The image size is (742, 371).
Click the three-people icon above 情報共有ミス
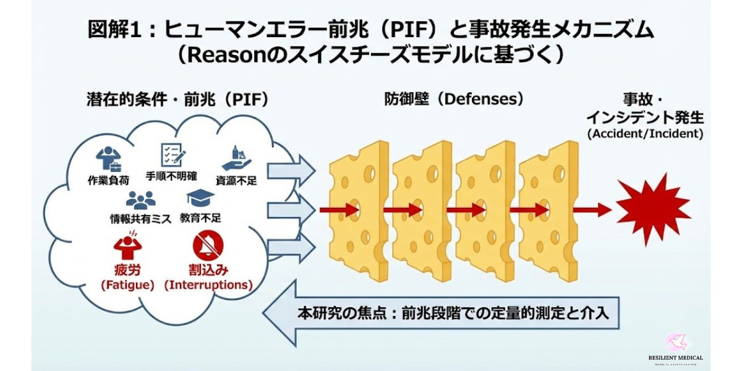pyautogui.click(x=140, y=199)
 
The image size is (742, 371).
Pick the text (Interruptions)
pyautogui.click(x=208, y=285)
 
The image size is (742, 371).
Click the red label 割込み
pyautogui.click(x=208, y=270)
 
